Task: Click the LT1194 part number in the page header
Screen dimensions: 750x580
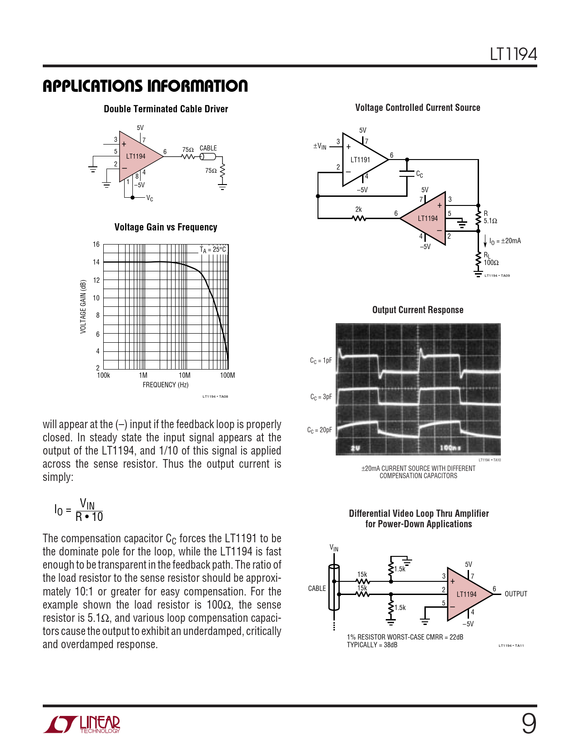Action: (x=513, y=55)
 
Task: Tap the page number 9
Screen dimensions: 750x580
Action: (x=529, y=724)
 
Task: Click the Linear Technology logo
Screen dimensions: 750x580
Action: (x=82, y=725)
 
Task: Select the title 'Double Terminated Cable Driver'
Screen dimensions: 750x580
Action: (x=166, y=109)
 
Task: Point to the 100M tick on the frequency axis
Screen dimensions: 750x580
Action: (x=227, y=375)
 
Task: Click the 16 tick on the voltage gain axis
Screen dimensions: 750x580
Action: (x=96, y=245)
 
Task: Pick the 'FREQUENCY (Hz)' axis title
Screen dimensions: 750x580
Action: (x=166, y=385)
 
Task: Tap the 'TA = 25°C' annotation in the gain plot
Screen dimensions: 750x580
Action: (x=213, y=250)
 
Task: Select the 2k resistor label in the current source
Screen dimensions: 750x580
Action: (x=358, y=210)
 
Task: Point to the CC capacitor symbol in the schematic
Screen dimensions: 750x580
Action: (x=407, y=173)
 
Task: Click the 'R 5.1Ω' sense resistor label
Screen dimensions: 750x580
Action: (x=490, y=217)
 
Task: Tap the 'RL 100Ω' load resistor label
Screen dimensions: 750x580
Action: (x=491, y=259)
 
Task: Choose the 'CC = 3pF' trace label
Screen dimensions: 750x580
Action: (x=321, y=397)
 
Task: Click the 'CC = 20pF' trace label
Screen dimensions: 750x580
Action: (x=320, y=430)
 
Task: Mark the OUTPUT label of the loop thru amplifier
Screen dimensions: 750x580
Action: (x=516, y=594)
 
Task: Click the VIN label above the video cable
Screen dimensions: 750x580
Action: (x=334, y=548)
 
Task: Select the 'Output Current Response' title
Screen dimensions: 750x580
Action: (x=418, y=310)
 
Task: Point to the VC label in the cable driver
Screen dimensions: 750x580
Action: (x=150, y=199)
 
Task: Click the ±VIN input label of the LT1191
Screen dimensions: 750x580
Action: (x=320, y=146)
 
